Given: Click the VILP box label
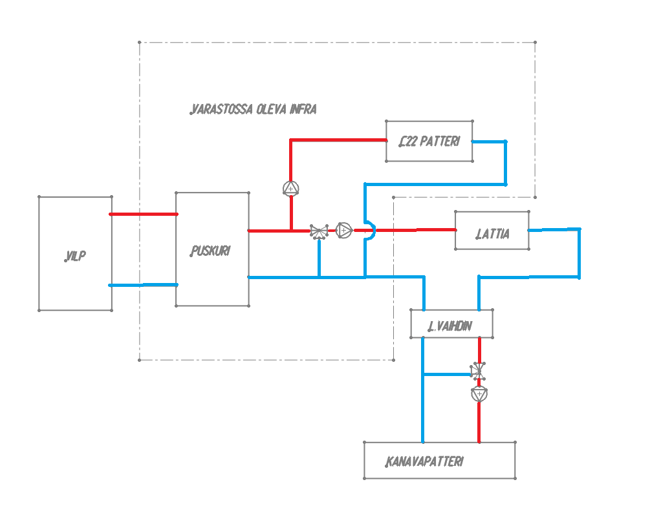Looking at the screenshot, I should click(x=76, y=257).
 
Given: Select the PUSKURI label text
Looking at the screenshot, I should click(x=210, y=251).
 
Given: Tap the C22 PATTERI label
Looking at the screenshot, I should click(x=429, y=141).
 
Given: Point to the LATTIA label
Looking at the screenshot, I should click(x=492, y=234).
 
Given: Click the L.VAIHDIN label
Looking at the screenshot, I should click(x=450, y=326).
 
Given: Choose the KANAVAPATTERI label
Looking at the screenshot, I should click(x=424, y=462).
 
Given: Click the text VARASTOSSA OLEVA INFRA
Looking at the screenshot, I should click(x=254, y=109).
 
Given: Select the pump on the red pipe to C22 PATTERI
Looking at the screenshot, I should click(x=291, y=188).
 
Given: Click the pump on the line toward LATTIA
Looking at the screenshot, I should click(x=344, y=229).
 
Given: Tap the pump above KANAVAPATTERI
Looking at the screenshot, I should click(x=479, y=393).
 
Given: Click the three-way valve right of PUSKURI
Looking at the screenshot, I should click(x=319, y=231).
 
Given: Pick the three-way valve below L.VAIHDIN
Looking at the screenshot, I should click(x=478, y=371).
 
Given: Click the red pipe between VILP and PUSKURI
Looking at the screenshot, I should click(x=144, y=214).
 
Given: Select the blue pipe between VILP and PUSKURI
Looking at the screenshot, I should click(x=144, y=284).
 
